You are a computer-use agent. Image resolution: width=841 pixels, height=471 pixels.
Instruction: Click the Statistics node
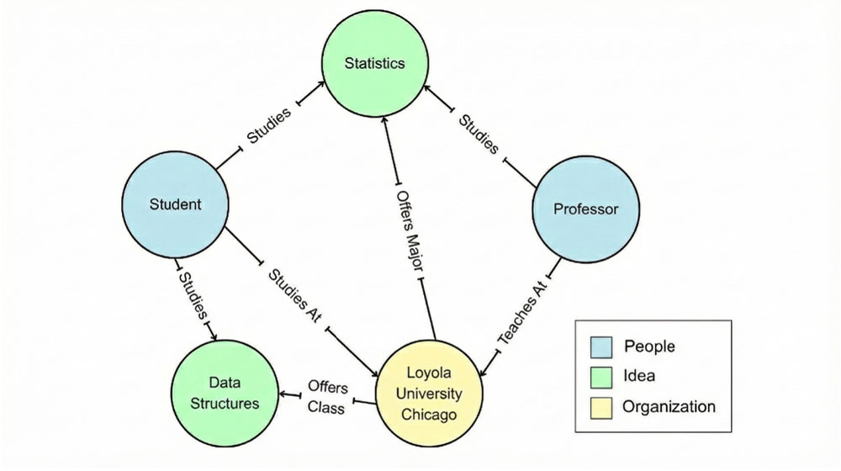(x=374, y=63)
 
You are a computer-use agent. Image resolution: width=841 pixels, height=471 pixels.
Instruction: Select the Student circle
(x=175, y=204)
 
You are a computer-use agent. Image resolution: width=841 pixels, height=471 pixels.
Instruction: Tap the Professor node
(x=585, y=209)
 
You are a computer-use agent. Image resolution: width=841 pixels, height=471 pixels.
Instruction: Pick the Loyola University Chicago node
(x=429, y=393)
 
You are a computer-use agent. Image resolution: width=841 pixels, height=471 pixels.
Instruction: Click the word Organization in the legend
(x=669, y=407)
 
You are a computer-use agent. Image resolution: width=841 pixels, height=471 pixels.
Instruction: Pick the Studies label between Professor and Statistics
(x=479, y=133)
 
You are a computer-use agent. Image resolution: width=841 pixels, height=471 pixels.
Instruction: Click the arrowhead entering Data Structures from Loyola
(x=284, y=394)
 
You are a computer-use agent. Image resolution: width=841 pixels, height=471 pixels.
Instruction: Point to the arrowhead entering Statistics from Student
(x=323, y=85)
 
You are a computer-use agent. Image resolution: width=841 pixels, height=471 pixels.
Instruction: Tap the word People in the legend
(x=649, y=346)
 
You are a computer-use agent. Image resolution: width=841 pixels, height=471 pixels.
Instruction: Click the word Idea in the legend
(x=639, y=376)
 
